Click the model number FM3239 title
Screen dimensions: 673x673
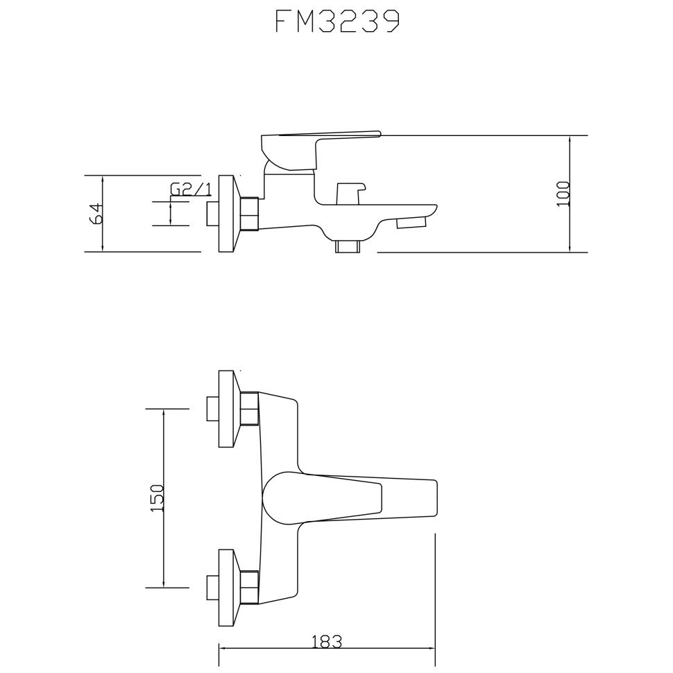(x=337, y=22)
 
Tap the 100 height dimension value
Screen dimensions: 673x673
(x=563, y=194)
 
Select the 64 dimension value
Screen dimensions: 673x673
(x=96, y=213)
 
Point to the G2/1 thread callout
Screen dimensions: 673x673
(x=191, y=189)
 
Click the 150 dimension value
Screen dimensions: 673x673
(x=157, y=497)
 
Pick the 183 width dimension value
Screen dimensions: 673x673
(x=326, y=642)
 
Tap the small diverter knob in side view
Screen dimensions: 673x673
(x=350, y=194)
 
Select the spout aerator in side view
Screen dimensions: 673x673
(x=411, y=222)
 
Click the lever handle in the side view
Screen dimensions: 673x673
(x=321, y=151)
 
